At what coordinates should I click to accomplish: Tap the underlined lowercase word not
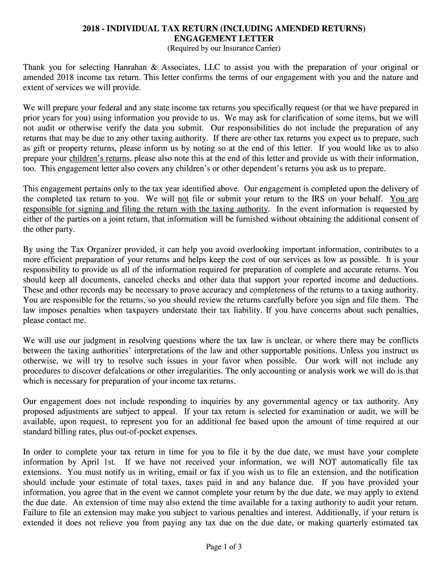pos(183,199)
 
